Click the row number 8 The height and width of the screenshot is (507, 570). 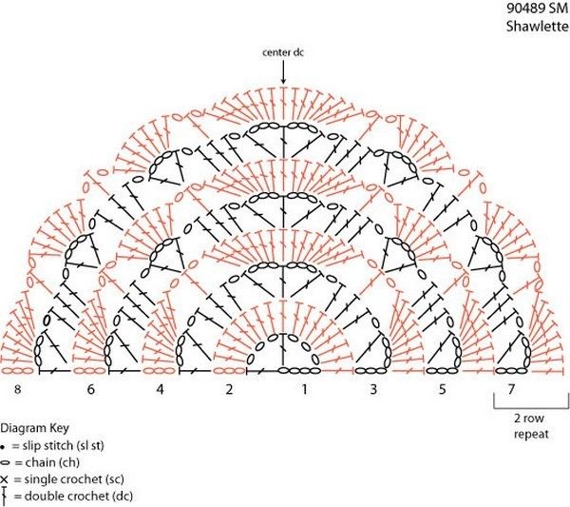coord(17,389)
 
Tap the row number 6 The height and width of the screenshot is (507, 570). coord(90,389)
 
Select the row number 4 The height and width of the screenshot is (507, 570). coord(160,389)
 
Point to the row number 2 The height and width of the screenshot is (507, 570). coord(229,389)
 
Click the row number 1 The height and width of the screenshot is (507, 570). coord(305,389)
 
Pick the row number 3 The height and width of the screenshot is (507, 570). coord(373,389)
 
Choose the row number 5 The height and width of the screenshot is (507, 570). coord(442,389)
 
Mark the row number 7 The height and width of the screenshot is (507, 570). coord(511,389)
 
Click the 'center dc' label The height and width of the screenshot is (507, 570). coord(283,52)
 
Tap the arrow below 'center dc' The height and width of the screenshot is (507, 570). coord(283,72)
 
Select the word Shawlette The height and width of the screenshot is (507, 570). coord(537,27)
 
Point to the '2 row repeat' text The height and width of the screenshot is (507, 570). coord(531,426)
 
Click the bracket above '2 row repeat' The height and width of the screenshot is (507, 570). coord(531,407)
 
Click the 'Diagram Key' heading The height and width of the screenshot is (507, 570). coord(34,428)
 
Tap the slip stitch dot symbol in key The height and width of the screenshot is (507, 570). coord(3,446)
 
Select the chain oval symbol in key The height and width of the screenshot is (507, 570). coord(5,463)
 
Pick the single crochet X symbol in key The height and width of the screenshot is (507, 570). coord(5,479)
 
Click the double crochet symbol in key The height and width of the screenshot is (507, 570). coord(4,495)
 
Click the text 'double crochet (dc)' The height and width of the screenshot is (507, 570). coord(79,497)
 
